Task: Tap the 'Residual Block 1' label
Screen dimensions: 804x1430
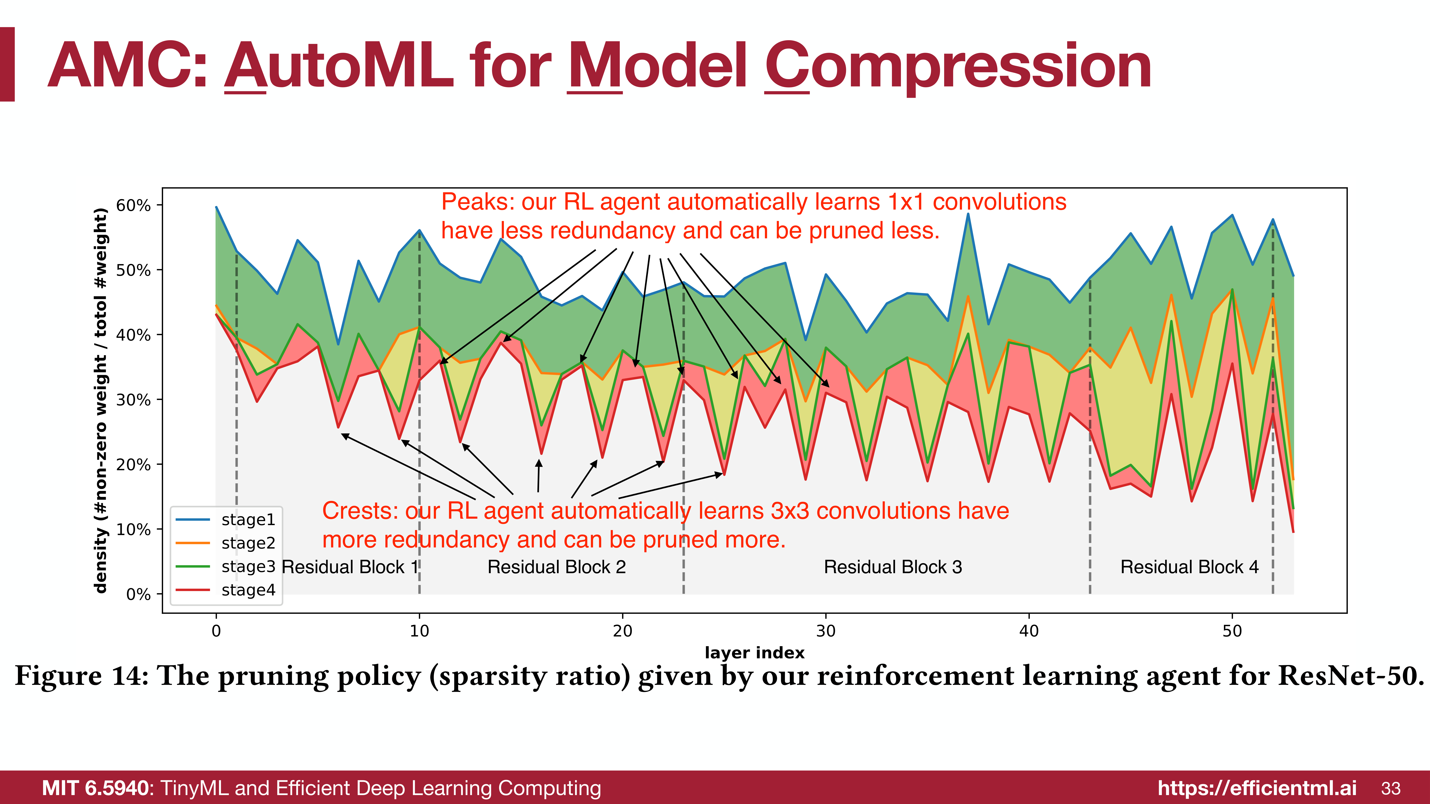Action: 350,567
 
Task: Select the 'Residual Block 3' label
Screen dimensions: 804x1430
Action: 893,567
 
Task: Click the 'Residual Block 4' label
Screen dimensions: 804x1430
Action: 1189,567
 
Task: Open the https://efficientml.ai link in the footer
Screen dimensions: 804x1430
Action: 1257,788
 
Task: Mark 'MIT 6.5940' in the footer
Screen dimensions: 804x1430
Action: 95,788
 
